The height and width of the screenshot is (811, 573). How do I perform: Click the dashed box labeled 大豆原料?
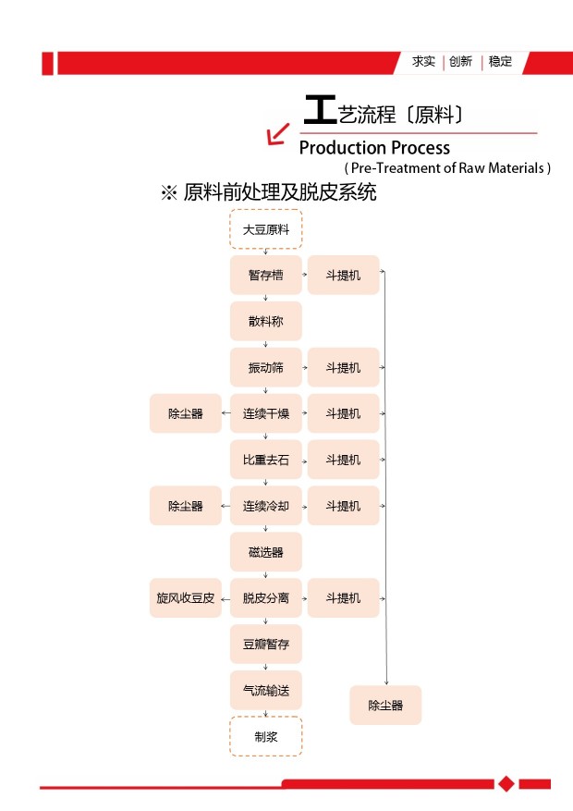266,229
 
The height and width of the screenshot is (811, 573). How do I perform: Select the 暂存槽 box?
266,276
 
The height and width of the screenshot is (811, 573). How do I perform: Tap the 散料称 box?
266,321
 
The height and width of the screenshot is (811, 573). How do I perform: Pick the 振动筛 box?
266,367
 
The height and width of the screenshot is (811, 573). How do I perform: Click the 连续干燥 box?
266,413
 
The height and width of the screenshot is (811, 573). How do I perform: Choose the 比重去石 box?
266,460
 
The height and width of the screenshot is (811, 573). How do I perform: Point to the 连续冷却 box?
266,506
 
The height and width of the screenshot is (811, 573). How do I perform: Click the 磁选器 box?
266,552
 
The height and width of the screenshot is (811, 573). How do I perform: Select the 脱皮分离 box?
266,598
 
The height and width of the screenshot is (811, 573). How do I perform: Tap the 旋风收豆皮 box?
186,598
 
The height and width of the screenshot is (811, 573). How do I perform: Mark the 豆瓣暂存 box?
266,644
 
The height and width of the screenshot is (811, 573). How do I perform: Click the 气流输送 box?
266,690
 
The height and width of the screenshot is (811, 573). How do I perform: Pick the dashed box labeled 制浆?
266,736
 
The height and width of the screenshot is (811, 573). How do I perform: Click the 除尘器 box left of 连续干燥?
186,413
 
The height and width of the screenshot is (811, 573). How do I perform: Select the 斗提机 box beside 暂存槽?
344,276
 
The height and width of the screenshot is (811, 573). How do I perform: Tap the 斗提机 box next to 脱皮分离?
344,598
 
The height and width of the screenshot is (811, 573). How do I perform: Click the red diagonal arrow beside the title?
278,134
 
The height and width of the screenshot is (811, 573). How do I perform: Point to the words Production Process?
374,148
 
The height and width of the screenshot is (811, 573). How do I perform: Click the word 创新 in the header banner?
460,62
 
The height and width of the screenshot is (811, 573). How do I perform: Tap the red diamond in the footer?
506,783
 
